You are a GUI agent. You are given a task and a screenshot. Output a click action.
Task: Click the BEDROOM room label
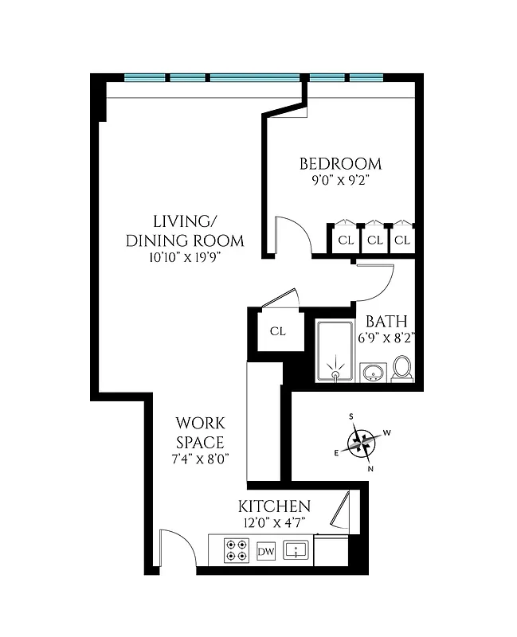click(340, 165)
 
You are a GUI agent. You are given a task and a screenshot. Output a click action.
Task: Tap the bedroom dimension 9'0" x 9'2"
click(340, 181)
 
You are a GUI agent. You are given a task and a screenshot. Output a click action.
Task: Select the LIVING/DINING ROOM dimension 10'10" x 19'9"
click(186, 257)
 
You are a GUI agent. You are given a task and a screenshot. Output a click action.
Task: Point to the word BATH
click(386, 322)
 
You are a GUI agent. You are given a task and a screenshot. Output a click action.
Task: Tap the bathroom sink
click(372, 373)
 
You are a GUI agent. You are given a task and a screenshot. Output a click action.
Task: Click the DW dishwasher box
click(266, 551)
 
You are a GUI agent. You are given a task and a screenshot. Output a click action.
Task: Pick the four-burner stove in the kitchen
click(236, 551)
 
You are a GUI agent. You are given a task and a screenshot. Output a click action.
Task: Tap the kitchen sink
click(296, 550)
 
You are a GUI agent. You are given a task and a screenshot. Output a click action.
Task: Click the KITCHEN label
click(274, 507)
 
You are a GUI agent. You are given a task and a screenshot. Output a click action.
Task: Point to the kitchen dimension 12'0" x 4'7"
click(274, 523)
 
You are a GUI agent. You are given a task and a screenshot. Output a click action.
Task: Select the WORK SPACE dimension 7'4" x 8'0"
click(200, 459)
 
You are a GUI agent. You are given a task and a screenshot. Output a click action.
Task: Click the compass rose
click(362, 442)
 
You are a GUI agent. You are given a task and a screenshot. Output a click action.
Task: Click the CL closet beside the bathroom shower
click(276, 331)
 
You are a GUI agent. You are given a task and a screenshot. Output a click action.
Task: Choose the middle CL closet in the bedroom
click(375, 240)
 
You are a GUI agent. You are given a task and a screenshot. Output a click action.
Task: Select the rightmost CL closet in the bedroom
click(402, 240)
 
